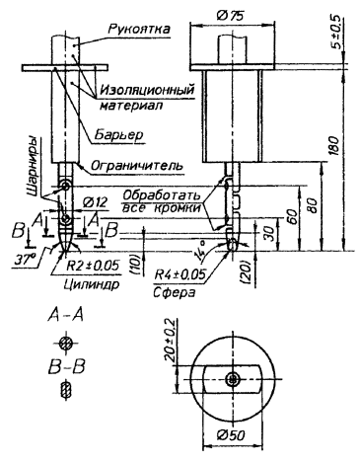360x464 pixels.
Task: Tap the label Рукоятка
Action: [139, 29]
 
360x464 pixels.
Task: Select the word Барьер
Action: [119, 134]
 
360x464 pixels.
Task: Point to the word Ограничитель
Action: [136, 166]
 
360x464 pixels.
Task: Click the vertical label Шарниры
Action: [34, 166]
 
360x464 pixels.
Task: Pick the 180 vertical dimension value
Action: [333, 146]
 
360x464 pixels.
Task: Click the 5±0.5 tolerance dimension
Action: [336, 33]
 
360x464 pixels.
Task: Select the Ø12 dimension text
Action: [95, 202]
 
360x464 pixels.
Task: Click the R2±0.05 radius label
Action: [93, 266]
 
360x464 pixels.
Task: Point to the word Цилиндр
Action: [91, 284]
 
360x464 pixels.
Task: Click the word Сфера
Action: [174, 292]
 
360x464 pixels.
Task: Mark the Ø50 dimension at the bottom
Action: [231, 435]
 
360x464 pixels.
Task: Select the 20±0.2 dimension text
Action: [171, 341]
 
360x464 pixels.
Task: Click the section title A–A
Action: [66, 315]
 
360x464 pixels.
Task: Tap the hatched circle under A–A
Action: [66, 344]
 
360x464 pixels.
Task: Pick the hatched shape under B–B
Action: [67, 389]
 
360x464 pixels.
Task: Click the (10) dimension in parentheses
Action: [136, 266]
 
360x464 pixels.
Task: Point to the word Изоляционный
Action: [147, 90]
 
